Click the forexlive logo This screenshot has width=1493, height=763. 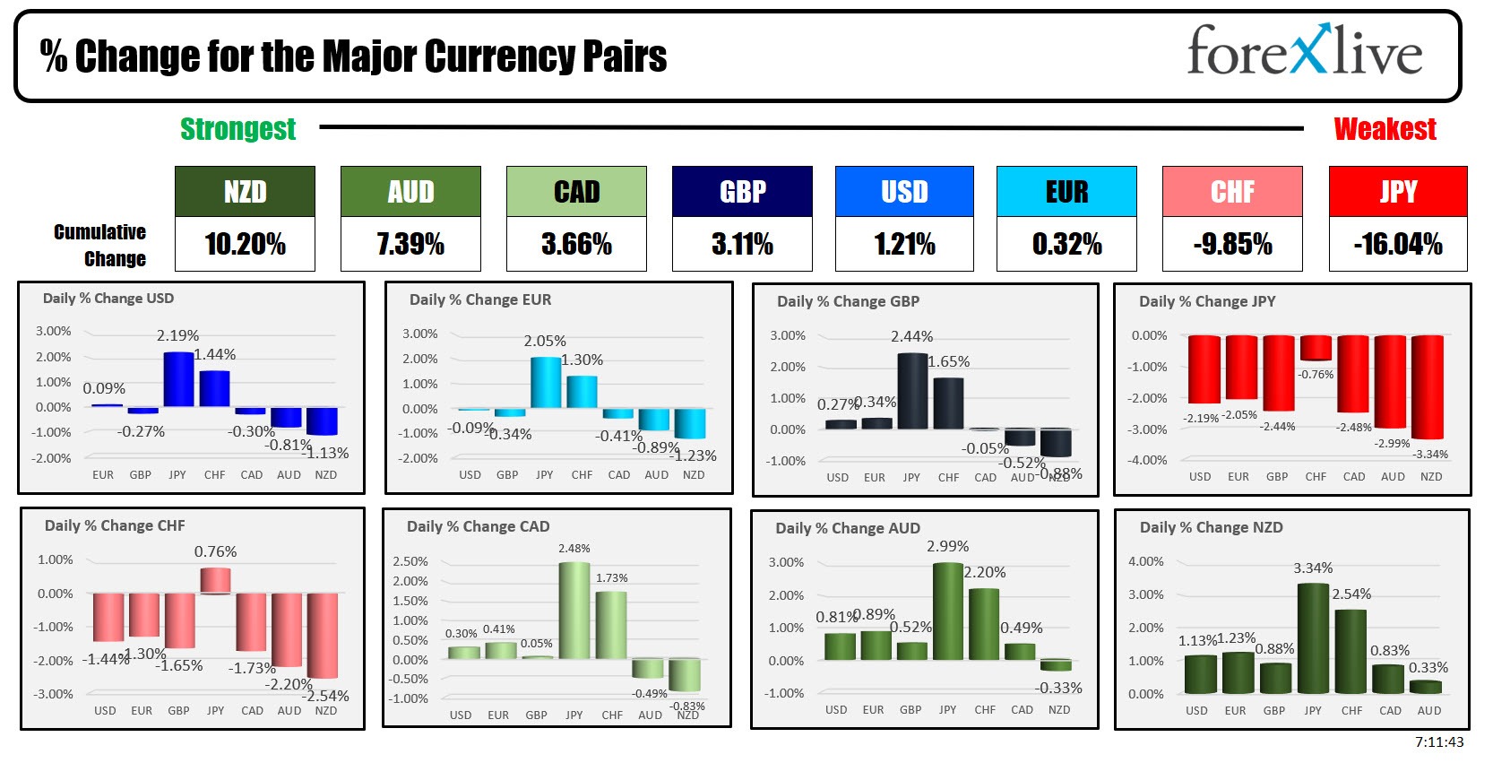coord(1304,52)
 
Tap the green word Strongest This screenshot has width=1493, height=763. coord(237,130)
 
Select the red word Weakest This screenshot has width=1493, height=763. coord(1385,130)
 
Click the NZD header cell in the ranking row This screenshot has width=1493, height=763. coord(245,192)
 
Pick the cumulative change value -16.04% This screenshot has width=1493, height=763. coord(1398,244)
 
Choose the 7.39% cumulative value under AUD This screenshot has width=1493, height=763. coord(410,244)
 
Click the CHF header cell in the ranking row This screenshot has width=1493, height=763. coord(1232,192)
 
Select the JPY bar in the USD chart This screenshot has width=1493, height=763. coord(178,380)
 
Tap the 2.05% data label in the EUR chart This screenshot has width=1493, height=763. coord(545,342)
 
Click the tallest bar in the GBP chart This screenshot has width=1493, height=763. coord(912,391)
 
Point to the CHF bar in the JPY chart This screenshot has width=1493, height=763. coord(1316,348)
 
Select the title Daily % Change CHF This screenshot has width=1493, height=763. coord(115,526)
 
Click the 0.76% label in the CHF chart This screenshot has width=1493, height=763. coord(215,551)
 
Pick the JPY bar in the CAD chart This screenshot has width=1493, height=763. coord(574,611)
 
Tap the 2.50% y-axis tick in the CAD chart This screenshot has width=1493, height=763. coord(410,561)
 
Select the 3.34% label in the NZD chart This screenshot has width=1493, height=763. coord(1313,568)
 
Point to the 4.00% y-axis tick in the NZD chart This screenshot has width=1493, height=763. coord(1146,562)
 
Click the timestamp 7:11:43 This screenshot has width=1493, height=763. coord(1438,742)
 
